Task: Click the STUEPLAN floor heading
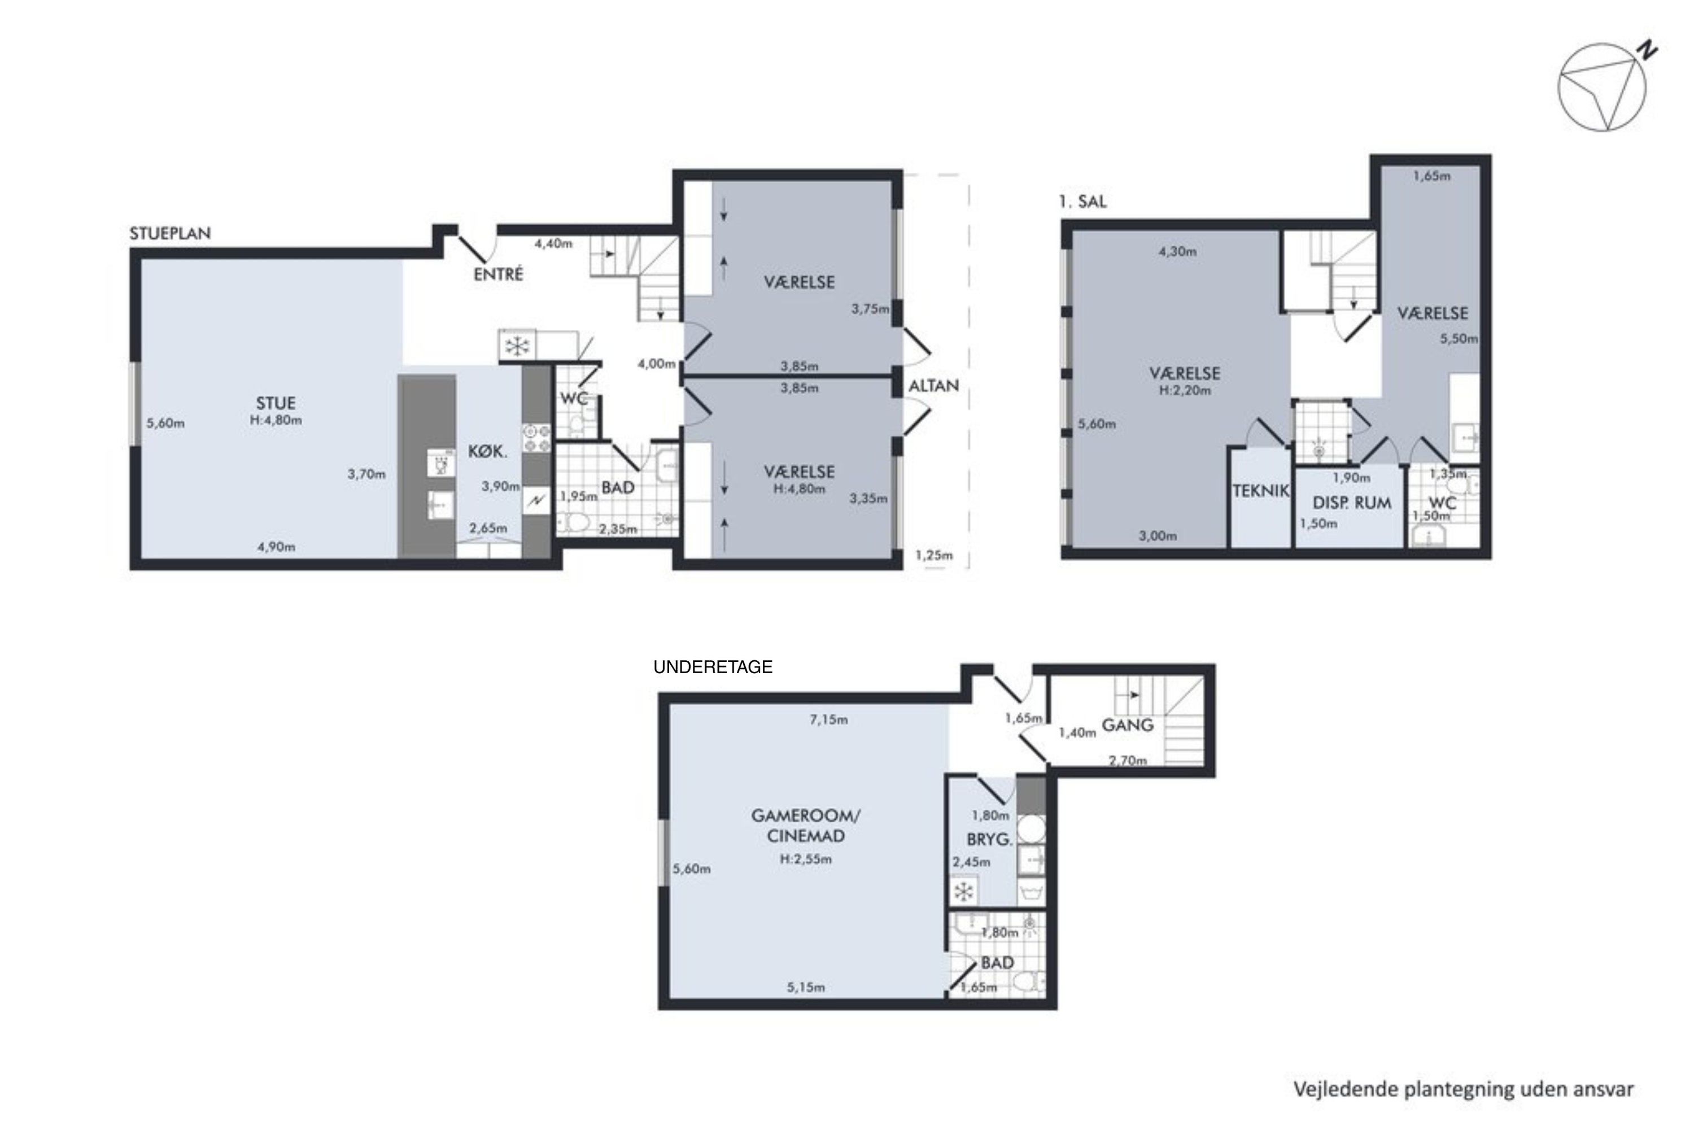click(x=170, y=233)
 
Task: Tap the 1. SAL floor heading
click(x=1082, y=202)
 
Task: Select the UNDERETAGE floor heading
click(x=713, y=667)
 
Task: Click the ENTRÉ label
click(x=498, y=274)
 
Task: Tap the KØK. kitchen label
click(x=488, y=452)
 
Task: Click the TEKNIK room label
click(x=1260, y=491)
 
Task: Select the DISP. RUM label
click(x=1352, y=503)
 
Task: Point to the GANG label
click(x=1128, y=725)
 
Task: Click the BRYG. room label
click(x=989, y=840)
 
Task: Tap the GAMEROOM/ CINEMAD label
click(x=806, y=826)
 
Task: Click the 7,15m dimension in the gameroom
click(x=828, y=719)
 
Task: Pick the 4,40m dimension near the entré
click(x=553, y=243)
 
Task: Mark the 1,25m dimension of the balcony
click(x=934, y=555)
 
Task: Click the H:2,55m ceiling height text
click(x=806, y=859)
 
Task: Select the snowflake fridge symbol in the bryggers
click(x=963, y=892)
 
